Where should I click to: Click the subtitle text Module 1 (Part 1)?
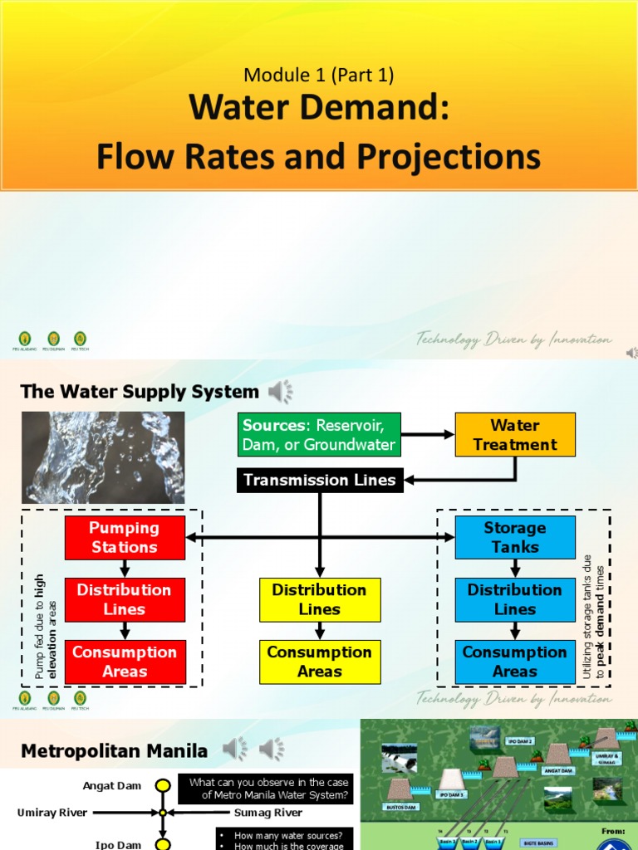tap(318, 75)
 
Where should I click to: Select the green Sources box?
tap(319, 434)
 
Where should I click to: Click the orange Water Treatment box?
tap(515, 434)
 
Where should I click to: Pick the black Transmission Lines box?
tap(319, 480)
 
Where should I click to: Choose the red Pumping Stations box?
tap(125, 537)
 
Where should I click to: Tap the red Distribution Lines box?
tap(125, 599)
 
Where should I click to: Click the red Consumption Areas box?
tap(125, 662)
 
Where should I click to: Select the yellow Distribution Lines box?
tap(320, 599)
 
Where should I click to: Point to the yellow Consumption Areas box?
tap(320, 662)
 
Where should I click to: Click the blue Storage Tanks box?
tap(515, 537)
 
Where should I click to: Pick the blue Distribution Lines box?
tap(515, 599)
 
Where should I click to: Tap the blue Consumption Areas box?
tap(515, 662)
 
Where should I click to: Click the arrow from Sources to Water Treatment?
tap(428, 434)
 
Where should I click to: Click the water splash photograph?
tap(103, 457)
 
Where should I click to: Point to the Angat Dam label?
tap(112, 785)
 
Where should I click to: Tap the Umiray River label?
tap(52, 813)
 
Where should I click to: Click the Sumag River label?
tap(267, 813)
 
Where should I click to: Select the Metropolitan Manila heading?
tap(114, 751)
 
